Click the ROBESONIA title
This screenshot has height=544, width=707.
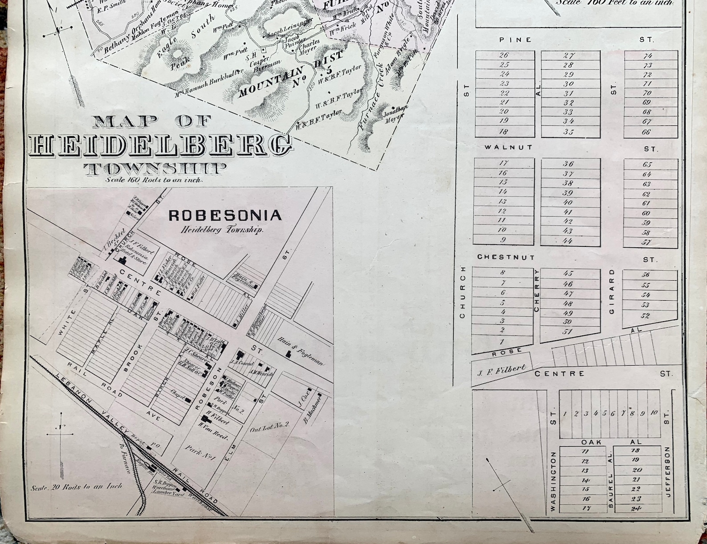tap(225, 216)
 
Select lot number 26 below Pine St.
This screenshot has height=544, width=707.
tap(504, 56)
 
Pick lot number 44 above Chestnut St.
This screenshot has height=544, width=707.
tap(568, 241)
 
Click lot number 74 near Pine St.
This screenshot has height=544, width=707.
tap(648, 56)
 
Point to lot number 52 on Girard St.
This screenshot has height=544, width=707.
tap(646, 316)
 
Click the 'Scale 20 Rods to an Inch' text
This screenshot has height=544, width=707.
tap(76, 487)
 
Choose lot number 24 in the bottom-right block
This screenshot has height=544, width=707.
tap(637, 508)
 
